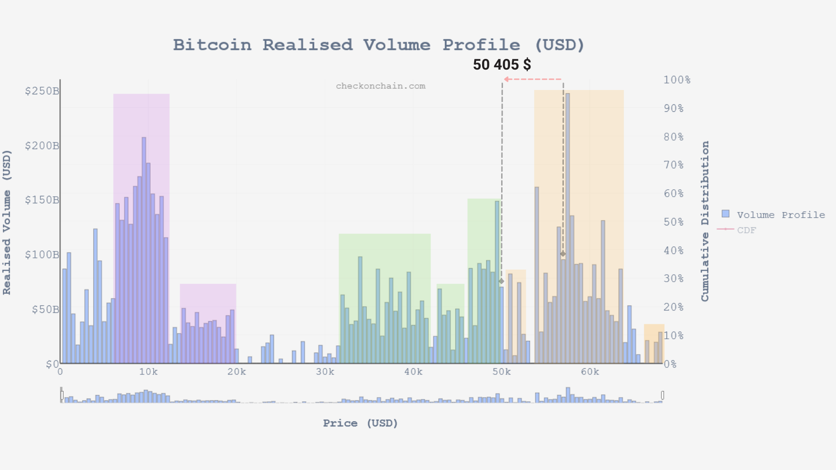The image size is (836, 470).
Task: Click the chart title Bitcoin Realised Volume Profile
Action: [x=379, y=45]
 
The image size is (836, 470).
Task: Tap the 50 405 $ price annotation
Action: [x=502, y=64]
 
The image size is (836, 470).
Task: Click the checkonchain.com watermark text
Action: [x=380, y=86]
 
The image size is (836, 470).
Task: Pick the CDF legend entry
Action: [x=746, y=230]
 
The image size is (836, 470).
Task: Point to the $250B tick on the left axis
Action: [x=42, y=91]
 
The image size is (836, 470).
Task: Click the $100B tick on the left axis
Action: [x=42, y=255]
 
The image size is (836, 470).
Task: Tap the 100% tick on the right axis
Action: [x=677, y=80]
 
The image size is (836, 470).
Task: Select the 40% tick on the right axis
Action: [x=673, y=251]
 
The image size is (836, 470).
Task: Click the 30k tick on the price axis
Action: [x=325, y=372]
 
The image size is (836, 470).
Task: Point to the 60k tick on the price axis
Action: [x=590, y=372]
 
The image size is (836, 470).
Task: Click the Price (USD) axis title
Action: [x=360, y=423]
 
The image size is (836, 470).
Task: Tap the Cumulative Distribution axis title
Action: [x=705, y=221]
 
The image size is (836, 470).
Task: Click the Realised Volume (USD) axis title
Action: [x=7, y=222]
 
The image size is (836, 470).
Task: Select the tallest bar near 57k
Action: [x=568, y=227]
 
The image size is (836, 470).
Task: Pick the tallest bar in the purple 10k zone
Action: [x=144, y=251]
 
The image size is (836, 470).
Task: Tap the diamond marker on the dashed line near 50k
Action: [x=501, y=281]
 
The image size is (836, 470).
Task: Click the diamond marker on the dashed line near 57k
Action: [x=563, y=254]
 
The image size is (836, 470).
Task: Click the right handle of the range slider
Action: [x=662, y=395]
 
